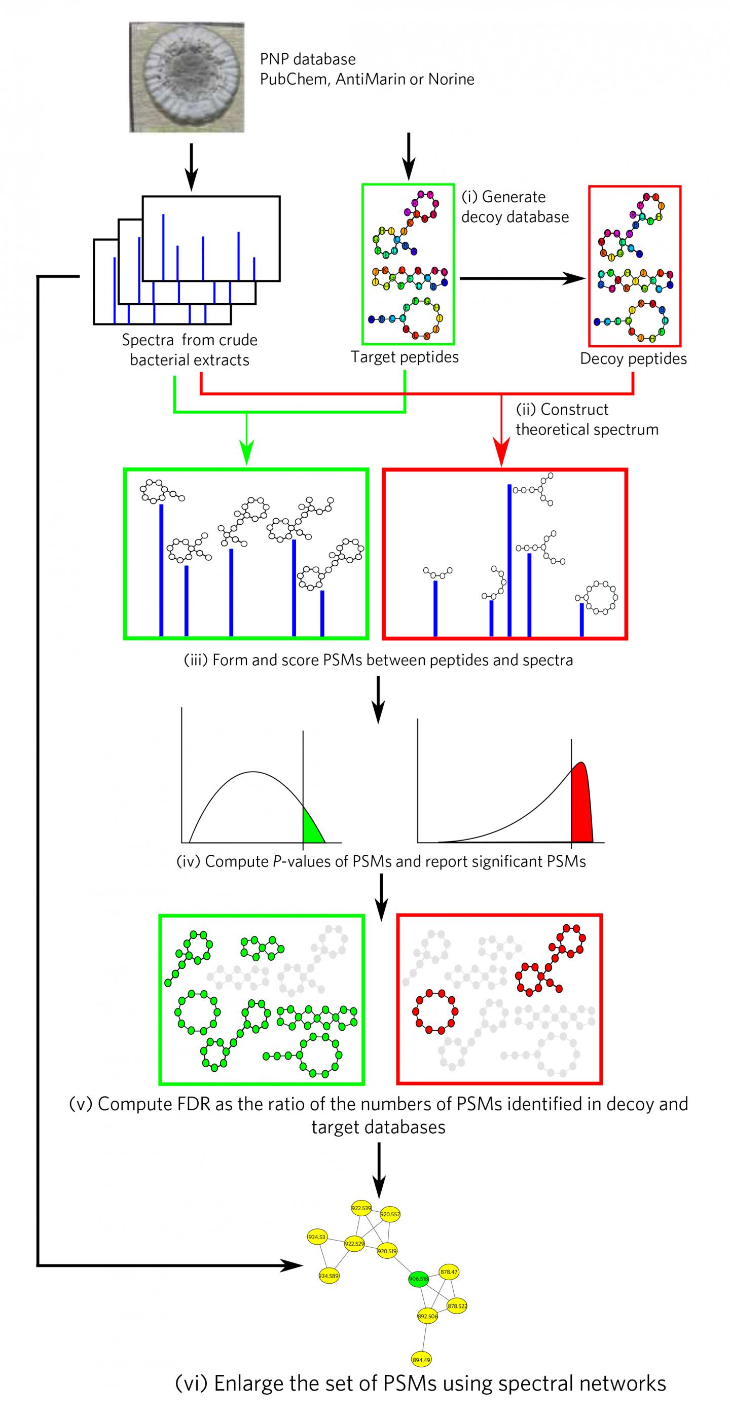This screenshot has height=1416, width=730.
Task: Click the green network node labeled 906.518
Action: (418, 1279)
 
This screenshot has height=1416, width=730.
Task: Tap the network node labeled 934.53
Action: (317, 1237)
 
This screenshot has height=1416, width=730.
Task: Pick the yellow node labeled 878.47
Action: (449, 1272)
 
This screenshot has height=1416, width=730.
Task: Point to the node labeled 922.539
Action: (361, 1208)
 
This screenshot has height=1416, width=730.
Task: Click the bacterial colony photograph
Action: (187, 77)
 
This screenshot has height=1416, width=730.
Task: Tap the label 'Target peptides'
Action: (405, 357)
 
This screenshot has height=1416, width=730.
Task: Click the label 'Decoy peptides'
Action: (633, 359)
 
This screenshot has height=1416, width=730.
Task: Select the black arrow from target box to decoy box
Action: (522, 279)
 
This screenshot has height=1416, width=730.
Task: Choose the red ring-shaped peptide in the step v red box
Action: (435, 1011)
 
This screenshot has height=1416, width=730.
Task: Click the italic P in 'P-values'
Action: (278, 861)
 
